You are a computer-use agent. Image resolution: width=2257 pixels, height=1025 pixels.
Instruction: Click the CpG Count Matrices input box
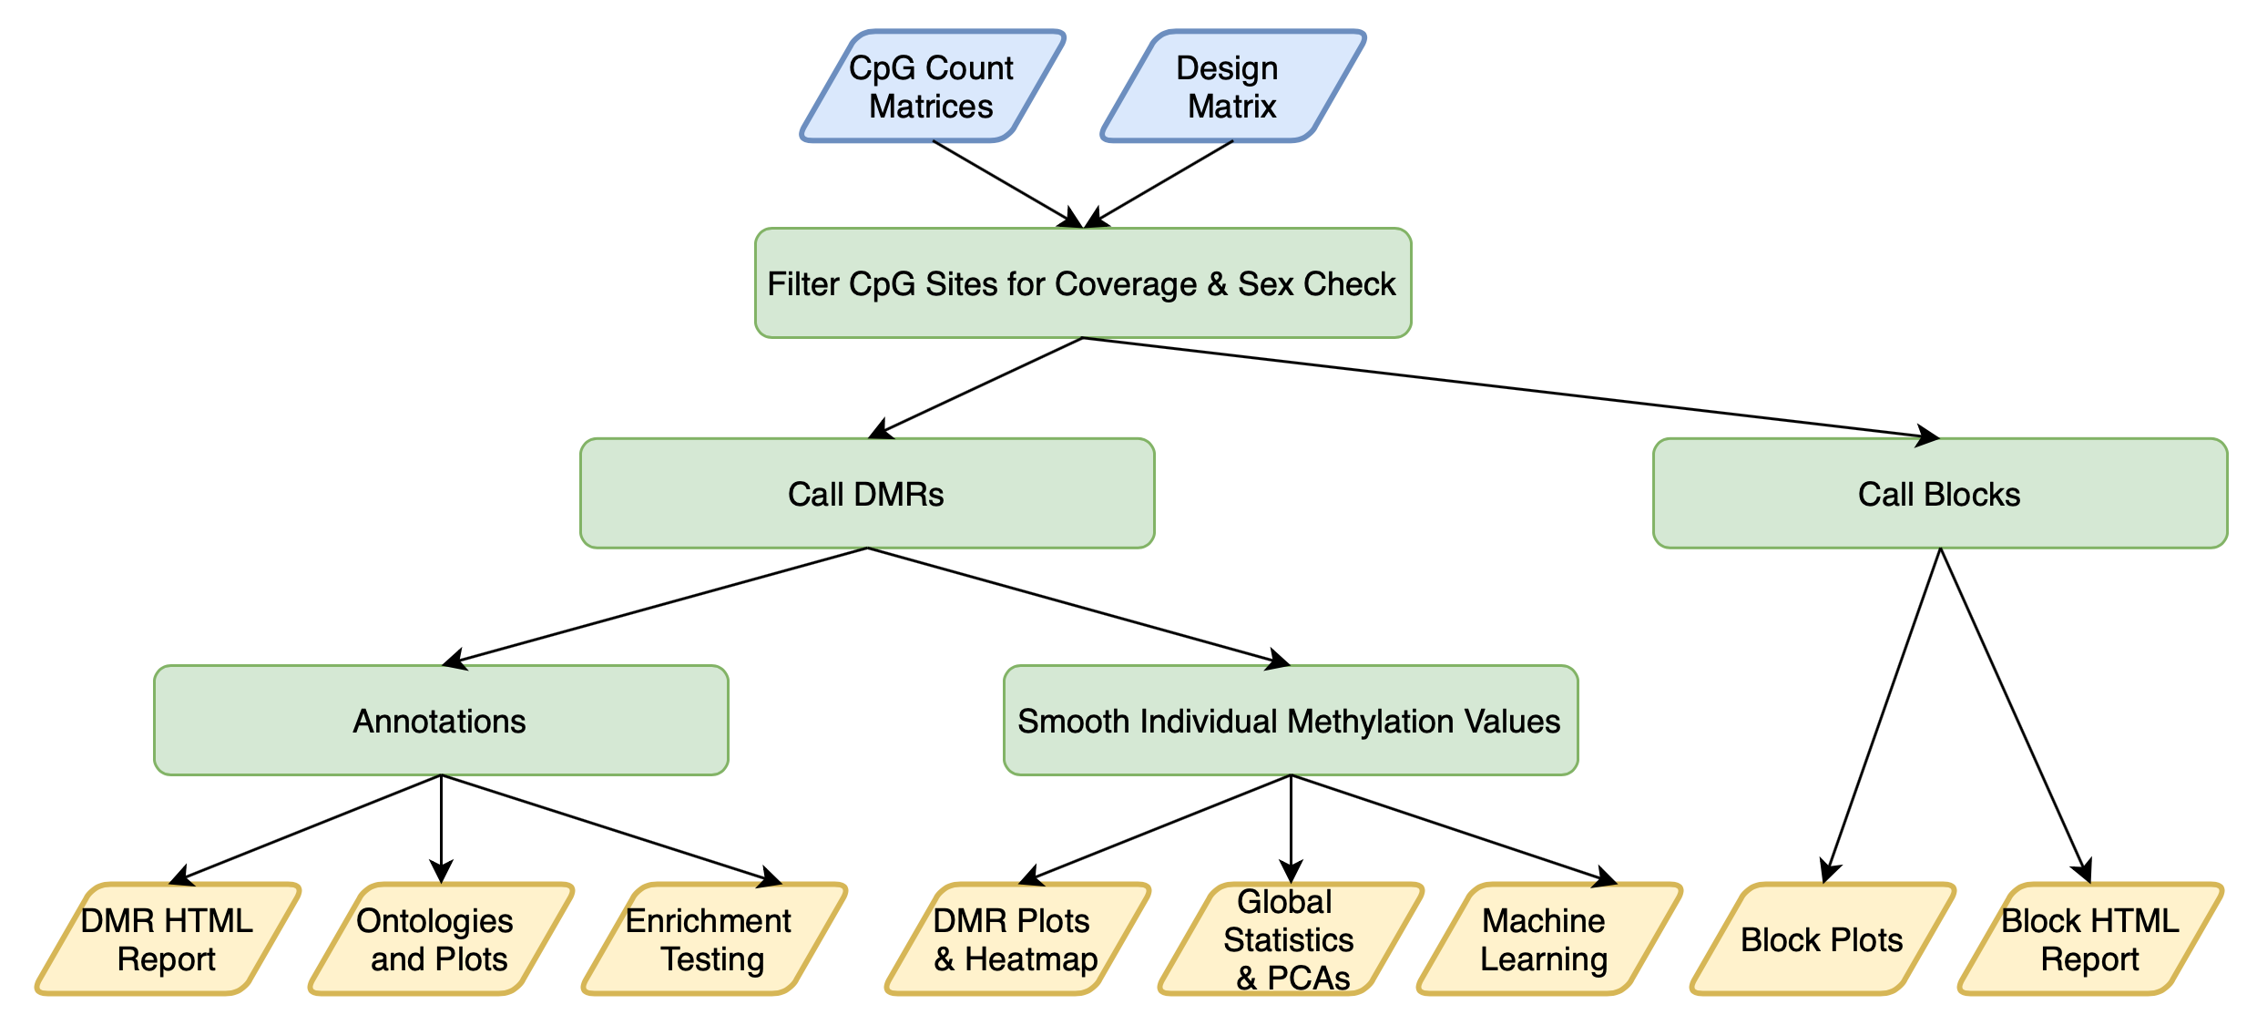click(933, 86)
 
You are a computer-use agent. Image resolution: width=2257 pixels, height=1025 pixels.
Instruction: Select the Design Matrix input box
click(1233, 86)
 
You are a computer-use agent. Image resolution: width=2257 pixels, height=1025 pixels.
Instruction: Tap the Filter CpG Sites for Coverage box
click(1083, 283)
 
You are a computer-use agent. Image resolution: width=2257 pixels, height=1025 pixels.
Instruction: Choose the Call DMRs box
click(867, 494)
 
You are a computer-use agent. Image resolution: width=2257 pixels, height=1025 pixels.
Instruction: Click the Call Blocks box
click(1940, 494)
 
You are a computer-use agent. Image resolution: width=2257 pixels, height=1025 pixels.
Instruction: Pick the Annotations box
click(441, 721)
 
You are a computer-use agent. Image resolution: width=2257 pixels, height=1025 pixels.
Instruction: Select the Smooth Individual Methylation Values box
click(1291, 721)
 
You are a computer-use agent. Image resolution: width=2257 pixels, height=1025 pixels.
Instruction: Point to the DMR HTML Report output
click(168, 938)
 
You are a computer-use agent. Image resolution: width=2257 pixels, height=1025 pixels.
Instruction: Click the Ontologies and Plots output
click(441, 938)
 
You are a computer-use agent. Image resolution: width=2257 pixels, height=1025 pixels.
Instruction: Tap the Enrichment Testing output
click(714, 938)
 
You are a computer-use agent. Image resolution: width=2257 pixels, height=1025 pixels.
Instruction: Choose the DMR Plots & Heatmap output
click(1017, 938)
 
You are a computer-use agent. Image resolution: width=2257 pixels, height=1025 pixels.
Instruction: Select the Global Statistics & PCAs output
click(1291, 938)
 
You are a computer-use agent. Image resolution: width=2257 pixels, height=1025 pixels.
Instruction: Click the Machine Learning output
click(1549, 938)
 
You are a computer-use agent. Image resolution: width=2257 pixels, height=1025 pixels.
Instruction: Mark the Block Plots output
click(1823, 938)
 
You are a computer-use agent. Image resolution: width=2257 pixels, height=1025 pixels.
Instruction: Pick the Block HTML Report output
click(2090, 938)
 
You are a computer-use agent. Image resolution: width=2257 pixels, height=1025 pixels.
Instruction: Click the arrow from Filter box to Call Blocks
click(1512, 389)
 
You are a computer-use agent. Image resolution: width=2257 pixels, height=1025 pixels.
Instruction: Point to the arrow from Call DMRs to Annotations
click(654, 607)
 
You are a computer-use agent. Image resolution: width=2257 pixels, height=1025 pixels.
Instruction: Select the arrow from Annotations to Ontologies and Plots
click(441, 829)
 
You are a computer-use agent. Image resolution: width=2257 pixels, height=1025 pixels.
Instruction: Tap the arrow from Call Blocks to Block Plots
click(1882, 715)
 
